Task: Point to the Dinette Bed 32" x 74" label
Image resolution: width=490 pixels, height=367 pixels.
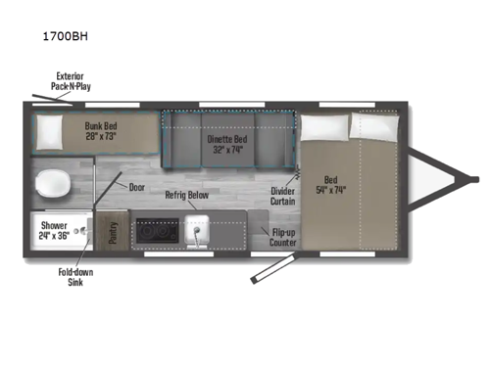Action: click(226, 144)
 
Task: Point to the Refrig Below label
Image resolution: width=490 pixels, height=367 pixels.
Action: click(186, 195)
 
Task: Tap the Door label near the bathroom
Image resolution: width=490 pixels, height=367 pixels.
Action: click(136, 186)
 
